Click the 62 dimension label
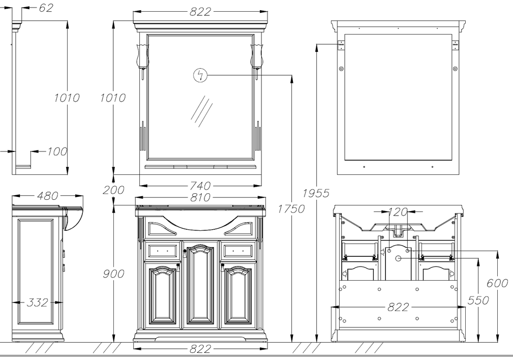pyautogui.click(x=45, y=8)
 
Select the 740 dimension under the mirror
pyautogui.click(x=200, y=186)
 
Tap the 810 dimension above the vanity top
pyautogui.click(x=200, y=197)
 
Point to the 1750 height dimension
pyautogui.click(x=291, y=208)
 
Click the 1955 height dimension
pyautogui.click(x=316, y=193)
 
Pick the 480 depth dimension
pyautogui.click(x=47, y=196)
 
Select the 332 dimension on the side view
pyautogui.click(x=38, y=303)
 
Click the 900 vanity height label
pyautogui.click(x=113, y=274)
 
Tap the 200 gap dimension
pyautogui.click(x=113, y=190)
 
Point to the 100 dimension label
pyautogui.click(x=57, y=152)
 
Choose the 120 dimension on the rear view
pyautogui.click(x=398, y=212)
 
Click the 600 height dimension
pyautogui.click(x=497, y=283)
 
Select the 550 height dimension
pyautogui.click(x=478, y=300)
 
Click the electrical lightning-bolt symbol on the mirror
pyautogui.click(x=200, y=76)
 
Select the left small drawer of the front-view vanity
pyautogui.click(x=162, y=250)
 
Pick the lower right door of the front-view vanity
pyautogui.click(x=238, y=296)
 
